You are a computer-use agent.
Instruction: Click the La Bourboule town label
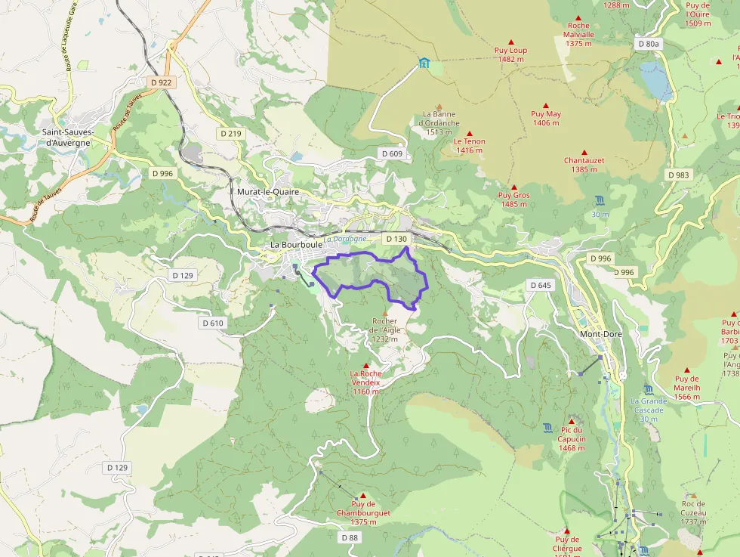(x=297, y=245)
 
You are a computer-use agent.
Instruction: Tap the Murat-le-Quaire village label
(x=268, y=192)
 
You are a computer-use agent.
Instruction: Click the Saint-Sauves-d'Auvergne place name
(x=68, y=137)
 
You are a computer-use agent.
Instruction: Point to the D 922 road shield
(x=162, y=82)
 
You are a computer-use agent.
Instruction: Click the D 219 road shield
(x=230, y=133)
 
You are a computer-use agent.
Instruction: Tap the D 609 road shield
(x=392, y=153)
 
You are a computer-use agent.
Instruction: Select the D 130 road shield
(x=396, y=239)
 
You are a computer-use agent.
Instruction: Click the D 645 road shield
(x=541, y=285)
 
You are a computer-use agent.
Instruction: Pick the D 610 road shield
(x=214, y=323)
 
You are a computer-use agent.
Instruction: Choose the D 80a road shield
(x=648, y=44)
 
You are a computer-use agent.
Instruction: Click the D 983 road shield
(x=678, y=175)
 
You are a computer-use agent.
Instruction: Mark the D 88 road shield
(x=349, y=537)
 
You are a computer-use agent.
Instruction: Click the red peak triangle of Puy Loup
(x=511, y=42)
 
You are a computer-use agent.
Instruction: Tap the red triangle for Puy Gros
(x=513, y=187)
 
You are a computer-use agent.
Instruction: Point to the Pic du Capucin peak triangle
(x=571, y=422)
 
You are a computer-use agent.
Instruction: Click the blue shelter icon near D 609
(x=424, y=63)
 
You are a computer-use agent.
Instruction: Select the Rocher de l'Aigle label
(x=384, y=330)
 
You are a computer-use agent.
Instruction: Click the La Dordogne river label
(x=345, y=239)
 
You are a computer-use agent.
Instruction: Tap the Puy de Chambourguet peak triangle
(x=363, y=495)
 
